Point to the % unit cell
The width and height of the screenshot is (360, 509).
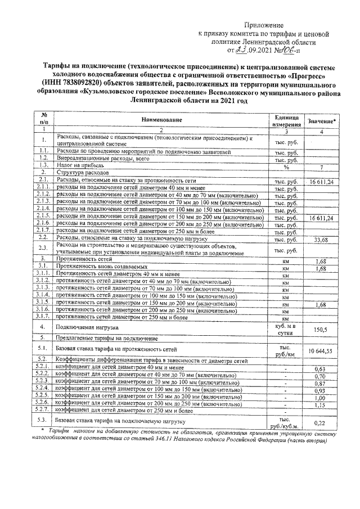[285, 166]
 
